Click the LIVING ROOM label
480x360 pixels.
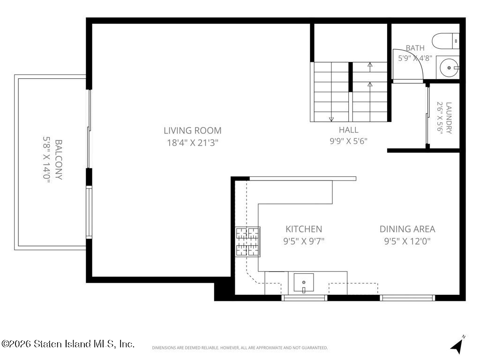click(193, 131)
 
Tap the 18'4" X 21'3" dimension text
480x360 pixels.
click(193, 143)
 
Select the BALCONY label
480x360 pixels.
click(59, 160)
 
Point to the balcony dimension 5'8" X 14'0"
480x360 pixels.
click(46, 160)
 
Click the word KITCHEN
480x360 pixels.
click(304, 229)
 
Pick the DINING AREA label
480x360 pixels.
click(407, 229)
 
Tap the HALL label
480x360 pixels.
click(348, 130)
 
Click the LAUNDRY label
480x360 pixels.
click(449, 118)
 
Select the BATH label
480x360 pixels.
click(415, 48)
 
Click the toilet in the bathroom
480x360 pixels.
click(445, 41)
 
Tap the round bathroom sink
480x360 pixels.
click(449, 67)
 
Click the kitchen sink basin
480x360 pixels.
click(304, 283)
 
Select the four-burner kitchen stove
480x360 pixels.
click(247, 241)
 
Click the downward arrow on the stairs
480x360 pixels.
click(331, 119)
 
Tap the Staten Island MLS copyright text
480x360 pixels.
click(67, 344)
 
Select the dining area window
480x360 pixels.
click(407, 298)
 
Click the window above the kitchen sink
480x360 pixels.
click(304, 298)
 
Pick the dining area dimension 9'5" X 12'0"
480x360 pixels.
click(407, 241)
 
